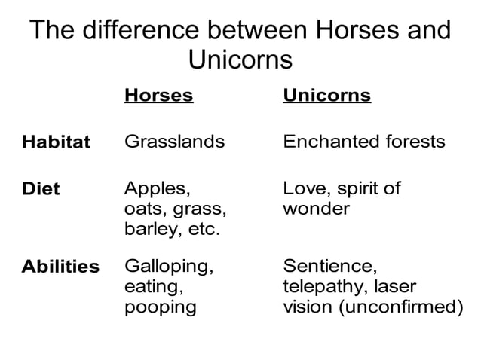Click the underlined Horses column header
158,96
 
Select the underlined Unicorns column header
326,96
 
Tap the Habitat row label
56,142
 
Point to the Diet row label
41,189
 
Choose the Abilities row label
60,267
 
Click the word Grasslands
174,142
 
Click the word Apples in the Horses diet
151,189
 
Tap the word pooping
160,307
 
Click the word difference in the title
142,32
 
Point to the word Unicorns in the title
240,59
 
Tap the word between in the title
254,32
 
